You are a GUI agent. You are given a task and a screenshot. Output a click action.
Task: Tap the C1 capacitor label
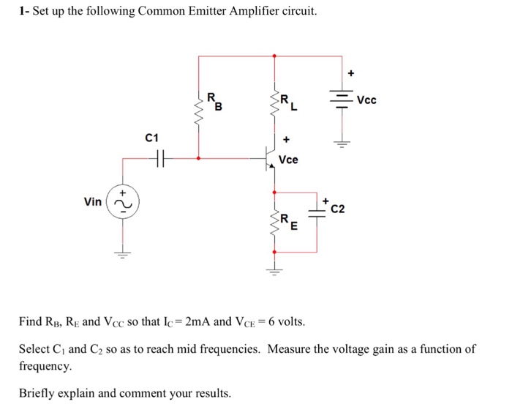coord(151,137)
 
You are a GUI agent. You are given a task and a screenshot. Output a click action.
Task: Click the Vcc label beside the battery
coord(367,100)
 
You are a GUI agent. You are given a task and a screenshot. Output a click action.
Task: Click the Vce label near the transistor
coord(289,159)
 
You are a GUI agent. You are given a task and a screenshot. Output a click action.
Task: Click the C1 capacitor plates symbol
coord(162,157)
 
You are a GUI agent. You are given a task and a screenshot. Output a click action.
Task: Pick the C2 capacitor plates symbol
coord(319,211)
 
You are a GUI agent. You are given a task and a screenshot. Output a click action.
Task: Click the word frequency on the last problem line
coord(45,365)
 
